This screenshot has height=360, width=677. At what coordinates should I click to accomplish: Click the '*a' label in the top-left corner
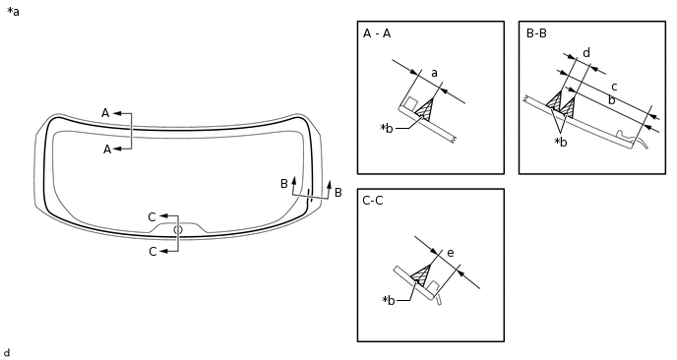[13, 12]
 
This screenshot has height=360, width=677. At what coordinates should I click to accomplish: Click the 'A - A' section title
[377, 33]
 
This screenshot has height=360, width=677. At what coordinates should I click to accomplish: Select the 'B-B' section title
[536, 33]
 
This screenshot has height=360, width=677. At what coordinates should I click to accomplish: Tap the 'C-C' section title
[373, 201]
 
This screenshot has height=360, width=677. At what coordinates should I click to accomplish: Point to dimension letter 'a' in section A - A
[434, 73]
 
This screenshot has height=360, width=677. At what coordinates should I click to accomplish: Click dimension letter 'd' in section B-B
[585, 53]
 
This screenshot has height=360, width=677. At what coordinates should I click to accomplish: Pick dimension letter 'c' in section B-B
[614, 87]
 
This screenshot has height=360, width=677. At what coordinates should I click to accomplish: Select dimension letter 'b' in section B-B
[610, 99]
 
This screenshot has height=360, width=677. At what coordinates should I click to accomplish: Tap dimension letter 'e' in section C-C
[450, 253]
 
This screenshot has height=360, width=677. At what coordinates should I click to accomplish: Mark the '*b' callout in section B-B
[560, 142]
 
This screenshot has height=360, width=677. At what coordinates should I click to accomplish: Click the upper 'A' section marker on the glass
[105, 113]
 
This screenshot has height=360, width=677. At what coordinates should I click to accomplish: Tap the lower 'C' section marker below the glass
[153, 252]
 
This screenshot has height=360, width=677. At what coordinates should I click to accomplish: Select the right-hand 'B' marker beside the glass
[338, 193]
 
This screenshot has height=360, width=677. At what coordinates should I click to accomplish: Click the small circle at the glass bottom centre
[178, 230]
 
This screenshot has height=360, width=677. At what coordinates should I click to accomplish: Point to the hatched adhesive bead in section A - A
[425, 110]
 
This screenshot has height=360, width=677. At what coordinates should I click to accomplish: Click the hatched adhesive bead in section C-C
[423, 276]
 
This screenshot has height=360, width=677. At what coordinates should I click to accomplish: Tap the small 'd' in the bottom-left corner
[7, 352]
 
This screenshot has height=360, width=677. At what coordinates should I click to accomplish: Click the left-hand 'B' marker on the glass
[283, 184]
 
